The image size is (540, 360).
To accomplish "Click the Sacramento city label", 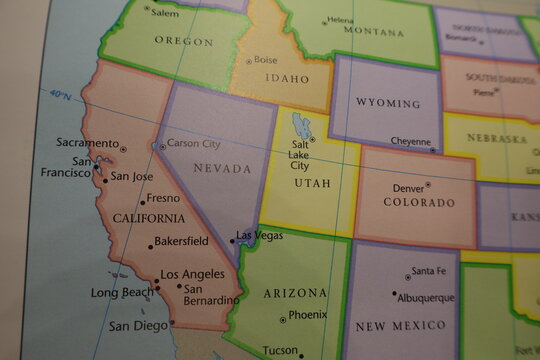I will [x=87, y=143].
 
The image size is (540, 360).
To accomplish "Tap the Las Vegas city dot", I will [x=233, y=240].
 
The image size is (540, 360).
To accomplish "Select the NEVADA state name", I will [x=222, y=168].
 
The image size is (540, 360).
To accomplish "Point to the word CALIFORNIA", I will [x=148, y=218].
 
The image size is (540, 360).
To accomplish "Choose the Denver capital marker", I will [x=428, y=184].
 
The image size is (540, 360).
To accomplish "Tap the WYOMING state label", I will [x=387, y=103].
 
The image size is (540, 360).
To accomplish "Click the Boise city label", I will [x=266, y=60].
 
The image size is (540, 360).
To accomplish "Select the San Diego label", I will [x=137, y=325].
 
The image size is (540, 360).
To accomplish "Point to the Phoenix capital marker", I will [x=283, y=319].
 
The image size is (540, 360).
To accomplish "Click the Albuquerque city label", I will [x=426, y=298].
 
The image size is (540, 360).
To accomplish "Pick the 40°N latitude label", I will [x=60, y=96].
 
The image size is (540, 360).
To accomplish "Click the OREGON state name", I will [x=183, y=42].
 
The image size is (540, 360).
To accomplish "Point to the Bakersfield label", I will [x=182, y=241].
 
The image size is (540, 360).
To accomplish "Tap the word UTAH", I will [x=312, y=184].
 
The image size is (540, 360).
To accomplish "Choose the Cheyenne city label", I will [x=410, y=142].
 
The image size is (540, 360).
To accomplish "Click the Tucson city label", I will [x=280, y=350].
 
